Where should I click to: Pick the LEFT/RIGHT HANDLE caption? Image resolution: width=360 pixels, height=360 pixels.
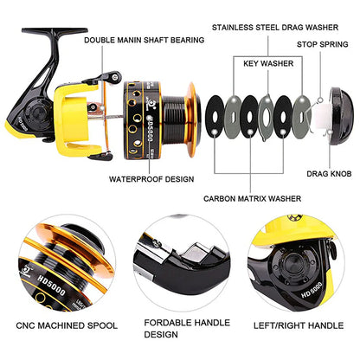(x=301, y=325)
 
